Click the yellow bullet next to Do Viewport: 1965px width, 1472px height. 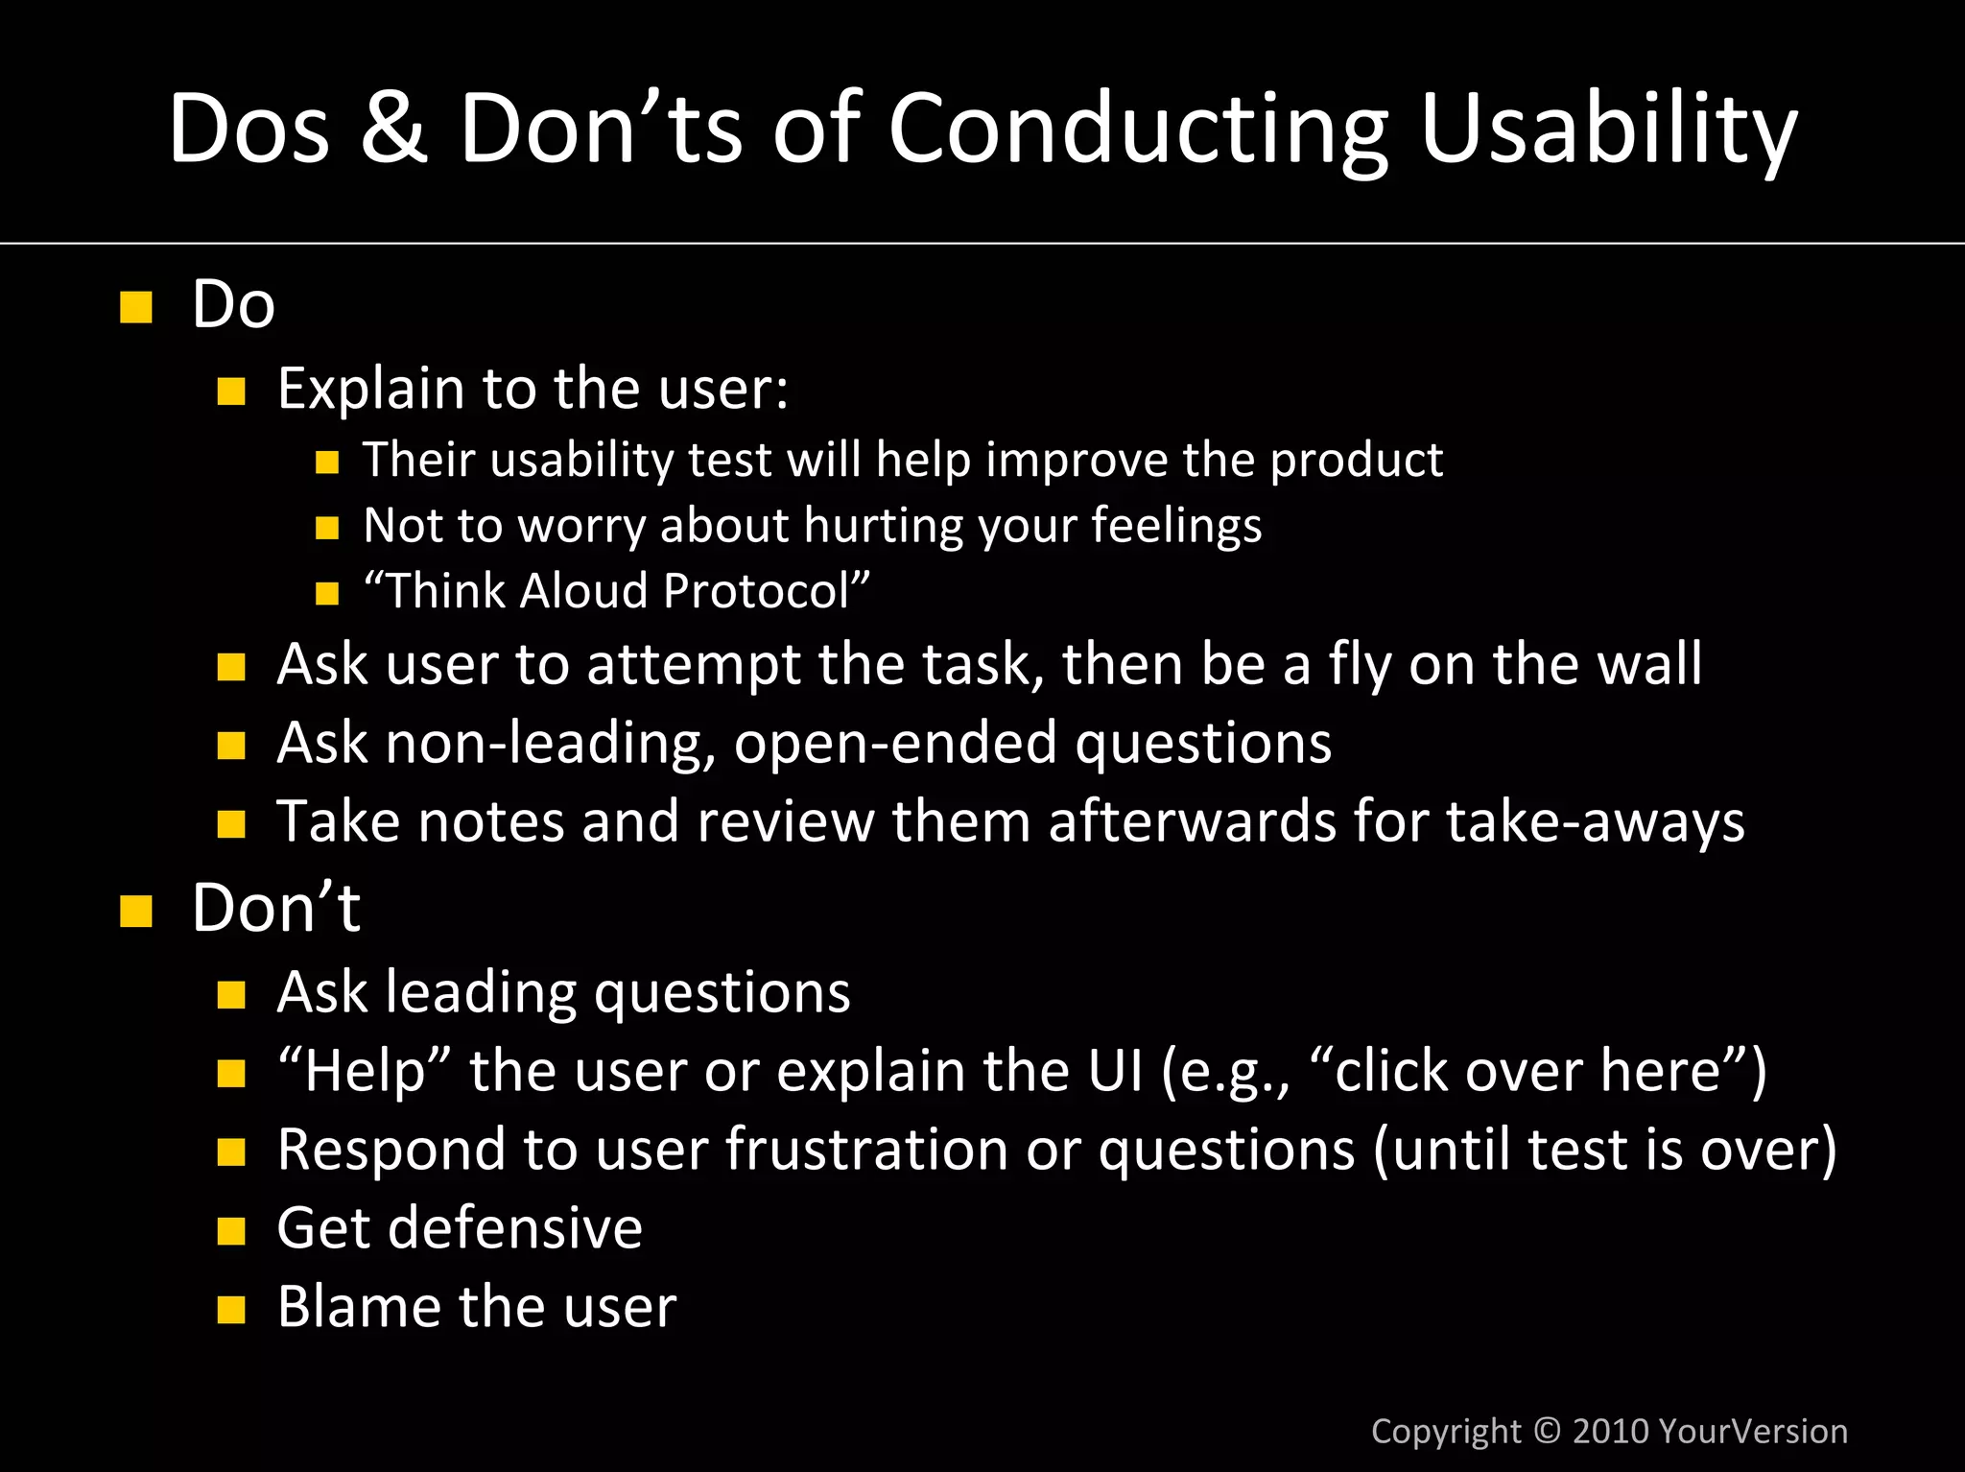point(136,307)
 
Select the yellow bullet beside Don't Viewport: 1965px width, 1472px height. point(136,911)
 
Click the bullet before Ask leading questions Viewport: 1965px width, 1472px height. point(231,995)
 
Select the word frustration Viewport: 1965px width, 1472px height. point(865,1150)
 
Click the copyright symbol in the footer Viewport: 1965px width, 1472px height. point(1547,1431)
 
